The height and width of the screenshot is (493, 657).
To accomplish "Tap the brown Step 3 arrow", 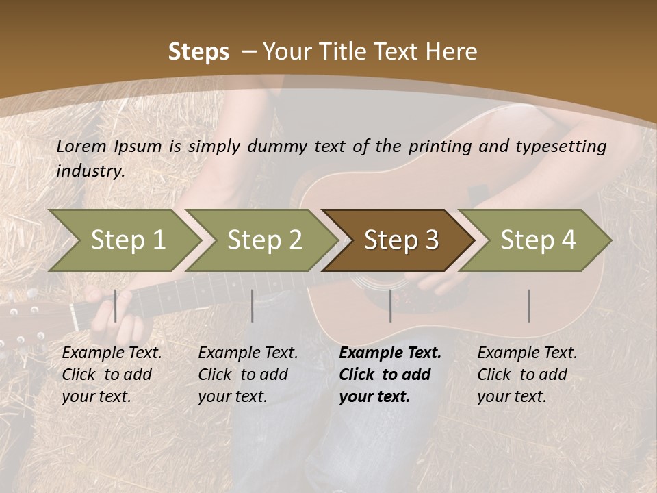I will (x=401, y=240).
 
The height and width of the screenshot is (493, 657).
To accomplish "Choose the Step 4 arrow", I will (x=538, y=240).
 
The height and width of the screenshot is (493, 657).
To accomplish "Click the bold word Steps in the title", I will (x=198, y=52).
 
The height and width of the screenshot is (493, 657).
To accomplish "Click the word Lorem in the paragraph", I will (x=81, y=146).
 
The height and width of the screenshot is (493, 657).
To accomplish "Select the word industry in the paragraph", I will (x=90, y=170).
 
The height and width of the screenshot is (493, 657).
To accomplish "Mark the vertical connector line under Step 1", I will (x=116, y=305).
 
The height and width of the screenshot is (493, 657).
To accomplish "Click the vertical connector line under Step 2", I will (x=253, y=305).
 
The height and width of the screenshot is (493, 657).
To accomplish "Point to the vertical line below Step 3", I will (x=391, y=305).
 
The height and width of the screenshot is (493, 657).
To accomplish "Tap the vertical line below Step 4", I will (x=528, y=305).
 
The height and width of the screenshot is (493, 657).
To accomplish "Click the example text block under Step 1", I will (x=112, y=375).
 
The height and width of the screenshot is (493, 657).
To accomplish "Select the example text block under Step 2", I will (x=248, y=375).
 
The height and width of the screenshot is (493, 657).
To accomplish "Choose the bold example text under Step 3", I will (x=390, y=375).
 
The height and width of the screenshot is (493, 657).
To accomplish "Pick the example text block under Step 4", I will (x=527, y=375).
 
